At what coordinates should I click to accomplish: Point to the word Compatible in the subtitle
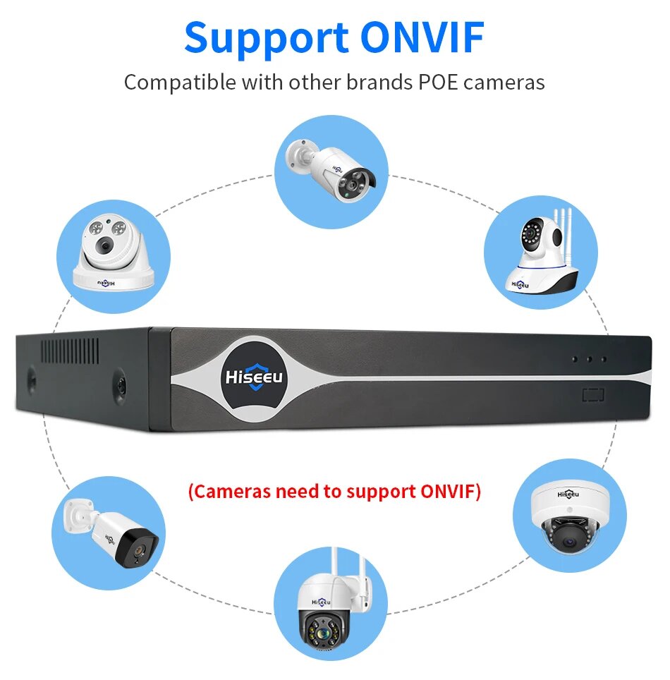point(180,83)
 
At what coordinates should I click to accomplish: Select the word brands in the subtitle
point(379,82)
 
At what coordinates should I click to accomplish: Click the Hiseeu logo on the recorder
point(253,377)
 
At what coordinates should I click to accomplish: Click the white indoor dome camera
point(113,255)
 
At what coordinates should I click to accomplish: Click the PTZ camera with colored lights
point(331,612)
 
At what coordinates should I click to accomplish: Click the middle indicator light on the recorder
point(589,359)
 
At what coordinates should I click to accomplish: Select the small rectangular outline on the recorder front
point(593,395)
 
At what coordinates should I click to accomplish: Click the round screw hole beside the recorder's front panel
point(121,384)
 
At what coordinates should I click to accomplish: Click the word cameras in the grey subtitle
point(504,83)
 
